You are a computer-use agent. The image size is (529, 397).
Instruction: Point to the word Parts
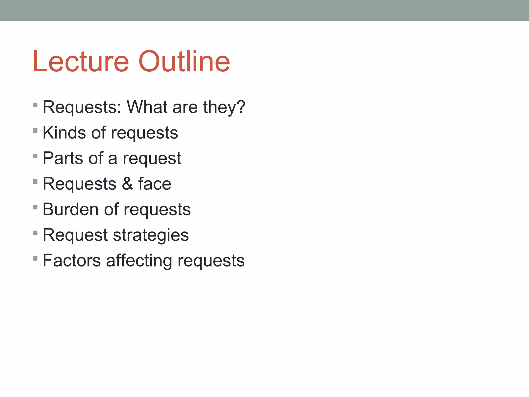pos(63,158)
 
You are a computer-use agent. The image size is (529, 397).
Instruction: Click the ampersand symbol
pos(127,184)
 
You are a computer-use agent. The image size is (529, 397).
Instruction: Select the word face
pos(155,184)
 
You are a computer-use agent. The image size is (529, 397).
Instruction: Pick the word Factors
pos(72,260)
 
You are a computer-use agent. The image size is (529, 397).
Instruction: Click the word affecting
pos(139,260)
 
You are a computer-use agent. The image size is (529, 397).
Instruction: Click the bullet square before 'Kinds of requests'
pos(35,130)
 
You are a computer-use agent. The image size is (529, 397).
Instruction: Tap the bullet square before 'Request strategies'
pos(35,233)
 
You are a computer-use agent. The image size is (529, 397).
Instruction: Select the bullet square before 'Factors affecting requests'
pos(35,258)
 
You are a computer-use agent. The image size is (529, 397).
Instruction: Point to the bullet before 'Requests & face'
pos(35,181)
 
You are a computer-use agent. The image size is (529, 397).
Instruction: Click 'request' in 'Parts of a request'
pos(152,158)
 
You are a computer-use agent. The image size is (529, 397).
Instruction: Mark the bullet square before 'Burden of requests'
pos(35,207)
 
